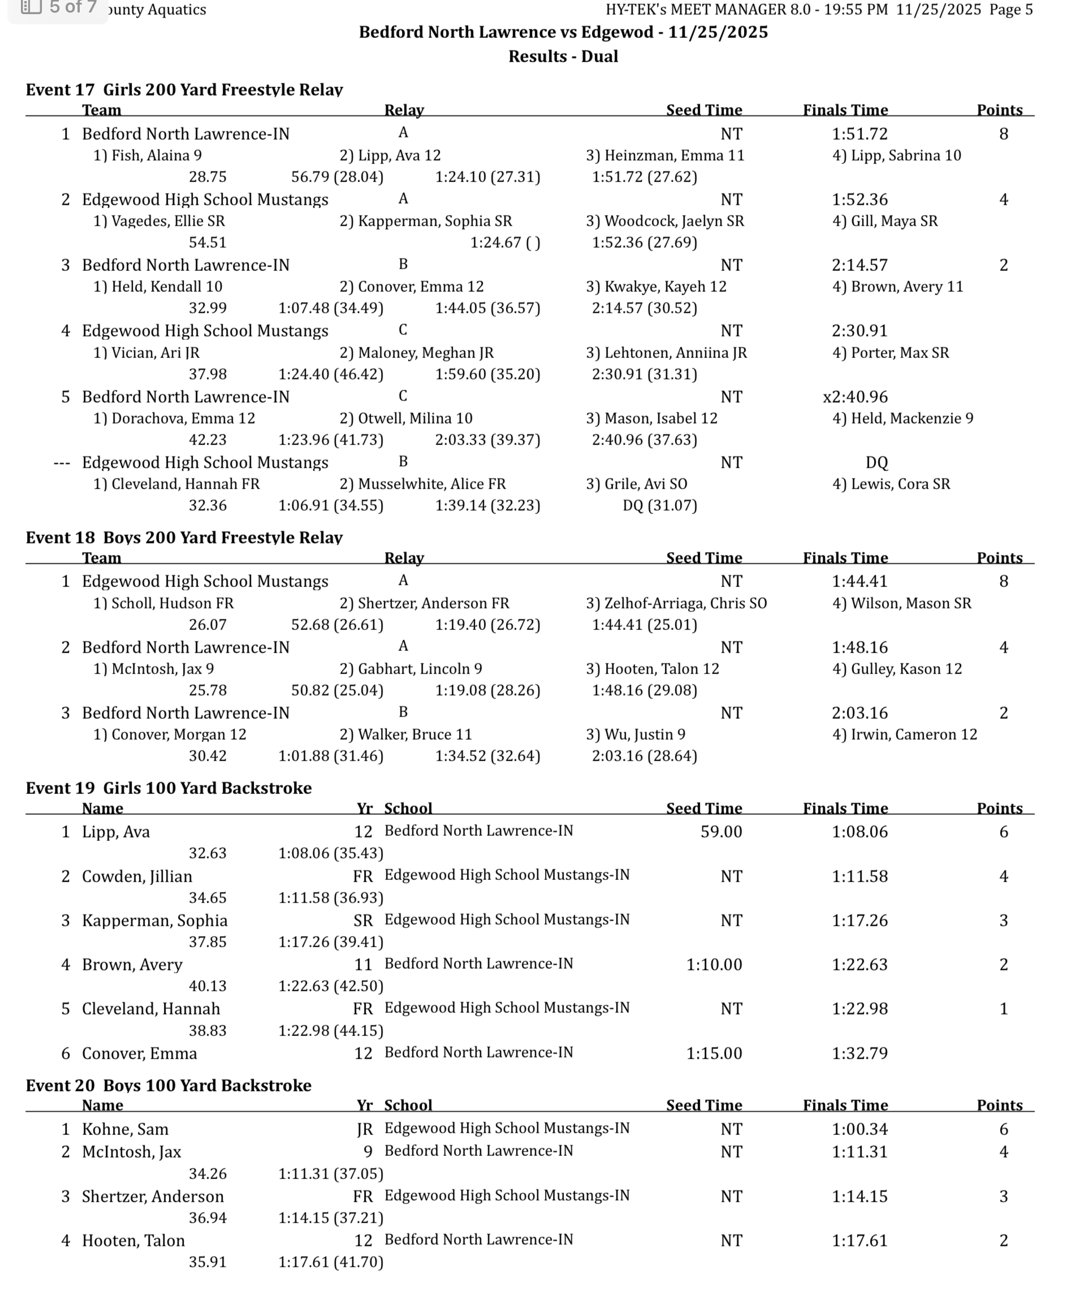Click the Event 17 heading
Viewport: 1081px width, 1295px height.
[x=184, y=90]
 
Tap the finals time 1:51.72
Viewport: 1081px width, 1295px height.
[x=859, y=134]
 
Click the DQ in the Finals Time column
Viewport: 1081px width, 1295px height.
[x=876, y=463]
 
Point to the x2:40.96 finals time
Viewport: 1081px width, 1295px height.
[x=855, y=396]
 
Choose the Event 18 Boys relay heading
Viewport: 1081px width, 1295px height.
[x=184, y=538]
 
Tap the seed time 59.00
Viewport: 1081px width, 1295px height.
[x=721, y=832]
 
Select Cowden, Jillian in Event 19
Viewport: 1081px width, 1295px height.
[x=137, y=877]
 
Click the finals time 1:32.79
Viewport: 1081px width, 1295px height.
[x=859, y=1054]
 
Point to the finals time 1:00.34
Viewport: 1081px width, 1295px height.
[x=859, y=1129]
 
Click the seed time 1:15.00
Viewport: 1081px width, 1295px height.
[x=714, y=1054]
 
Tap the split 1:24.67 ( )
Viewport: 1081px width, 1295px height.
[x=504, y=243]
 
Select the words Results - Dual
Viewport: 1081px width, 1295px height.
[x=563, y=57]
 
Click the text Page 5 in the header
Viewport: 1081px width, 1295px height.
[x=1011, y=9]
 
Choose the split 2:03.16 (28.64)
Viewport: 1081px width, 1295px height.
[x=644, y=756]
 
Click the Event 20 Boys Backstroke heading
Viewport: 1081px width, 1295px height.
[x=168, y=1085]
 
